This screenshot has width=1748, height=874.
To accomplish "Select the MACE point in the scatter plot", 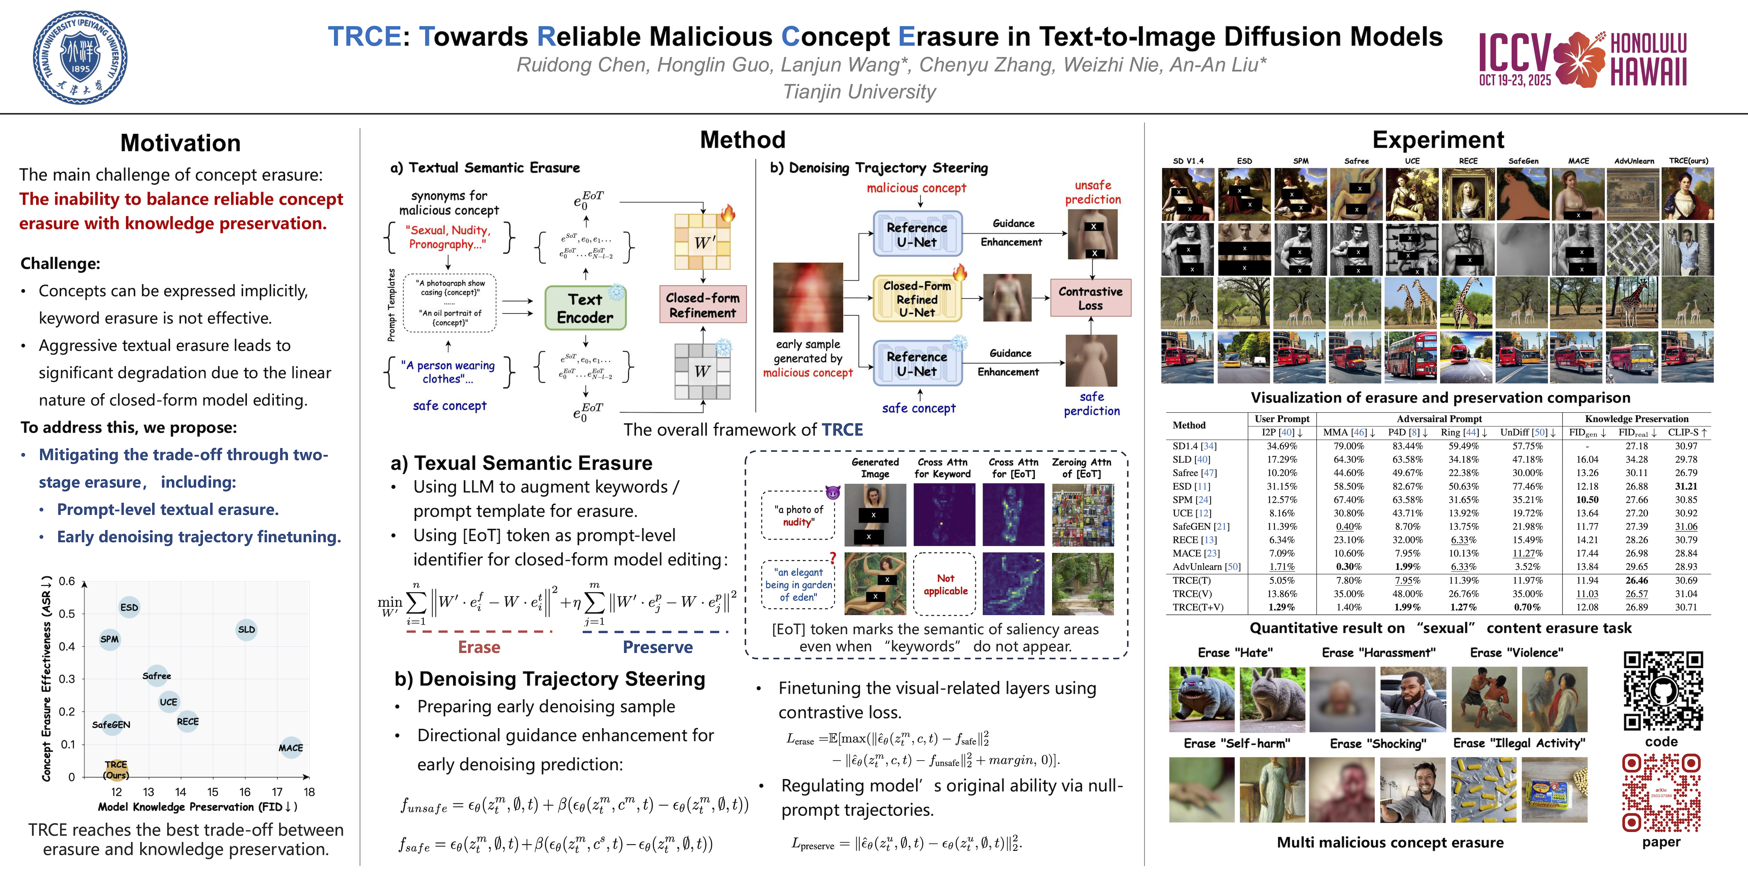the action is pyautogui.click(x=291, y=747).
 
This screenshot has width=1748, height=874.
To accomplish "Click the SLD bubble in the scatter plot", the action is pyautogui.click(x=246, y=629).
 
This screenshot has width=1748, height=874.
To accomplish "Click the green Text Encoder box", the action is pyautogui.click(x=585, y=308).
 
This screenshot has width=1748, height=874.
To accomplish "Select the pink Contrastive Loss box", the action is pyautogui.click(x=1090, y=298).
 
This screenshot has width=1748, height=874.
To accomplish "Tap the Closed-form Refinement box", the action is pyautogui.click(x=702, y=305).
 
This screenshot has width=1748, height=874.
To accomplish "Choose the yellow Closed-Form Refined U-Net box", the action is pyautogui.click(x=917, y=299).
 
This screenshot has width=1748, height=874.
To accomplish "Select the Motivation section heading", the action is pyautogui.click(x=181, y=142).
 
